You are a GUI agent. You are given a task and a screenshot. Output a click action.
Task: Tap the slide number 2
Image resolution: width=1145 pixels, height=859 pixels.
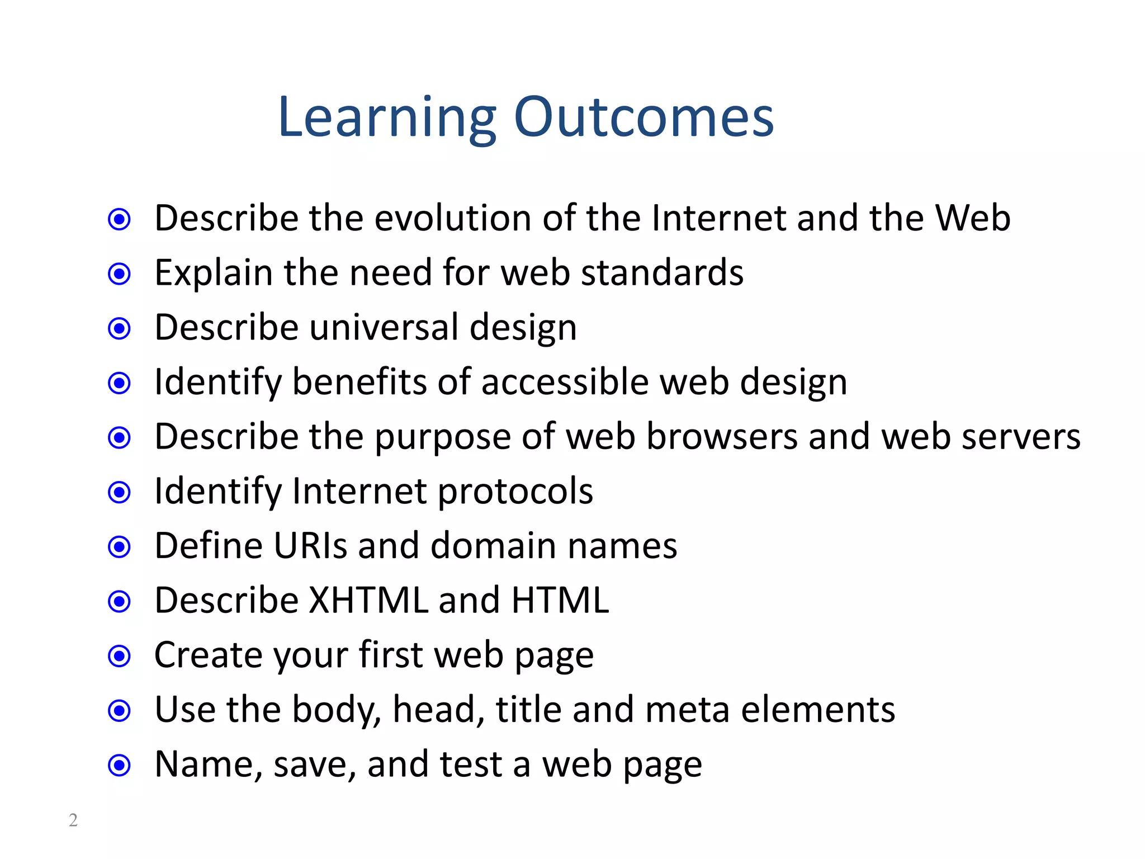pos(73,820)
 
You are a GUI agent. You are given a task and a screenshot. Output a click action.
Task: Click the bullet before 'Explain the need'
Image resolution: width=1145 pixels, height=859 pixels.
pos(119,274)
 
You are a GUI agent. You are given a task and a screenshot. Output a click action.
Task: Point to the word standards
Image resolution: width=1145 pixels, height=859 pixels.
pos(662,273)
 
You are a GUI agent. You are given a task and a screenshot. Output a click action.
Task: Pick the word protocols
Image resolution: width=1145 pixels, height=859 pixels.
pos(515,492)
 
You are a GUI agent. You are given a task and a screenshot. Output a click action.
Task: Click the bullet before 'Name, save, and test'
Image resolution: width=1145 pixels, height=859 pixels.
pos(119,765)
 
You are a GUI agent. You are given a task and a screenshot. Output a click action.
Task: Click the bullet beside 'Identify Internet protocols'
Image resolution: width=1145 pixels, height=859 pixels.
pos(119,492)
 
